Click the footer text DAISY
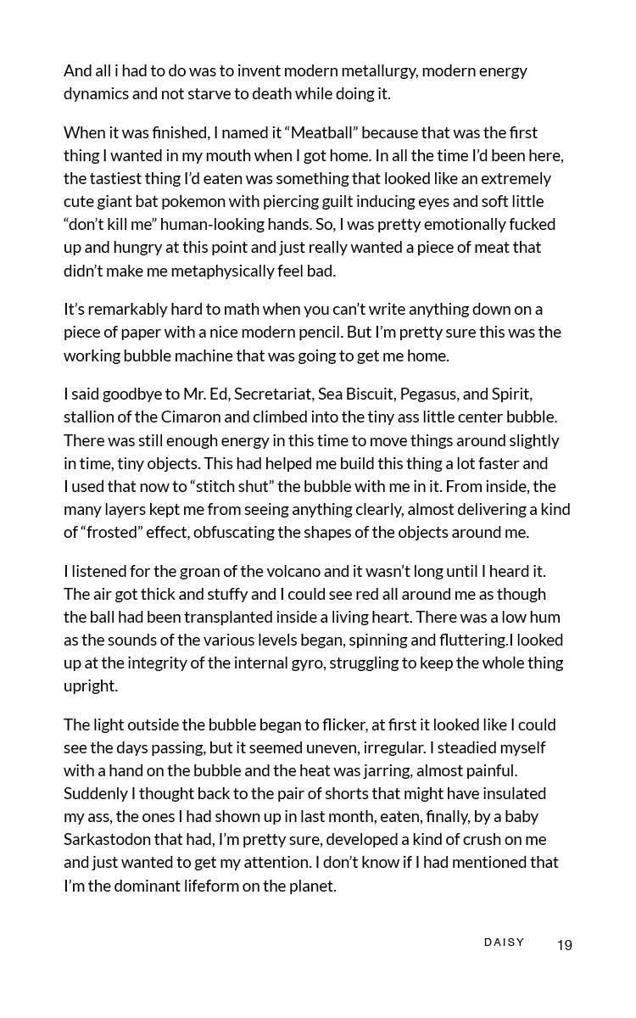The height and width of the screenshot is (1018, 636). (x=504, y=942)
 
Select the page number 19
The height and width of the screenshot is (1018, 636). (x=565, y=945)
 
